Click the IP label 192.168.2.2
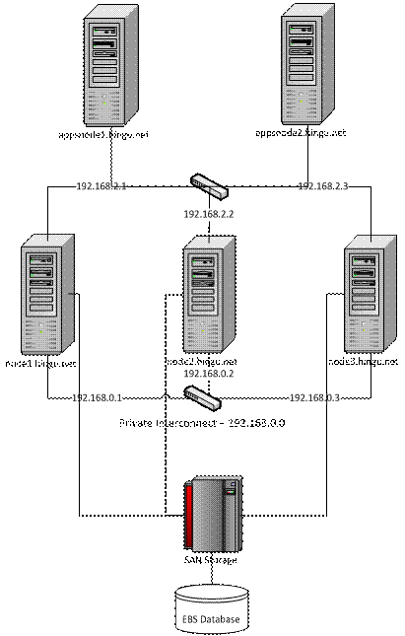[x=208, y=213]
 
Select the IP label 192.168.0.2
[x=208, y=375]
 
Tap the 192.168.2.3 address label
[x=323, y=185]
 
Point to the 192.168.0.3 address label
[x=314, y=397]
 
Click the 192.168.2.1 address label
[x=101, y=185]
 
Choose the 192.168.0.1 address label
[x=98, y=398]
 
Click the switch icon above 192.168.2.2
[x=210, y=185]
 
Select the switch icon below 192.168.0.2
[x=203, y=397]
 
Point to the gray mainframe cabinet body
[x=215, y=518]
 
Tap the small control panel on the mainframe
[x=233, y=486]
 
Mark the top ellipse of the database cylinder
[x=210, y=595]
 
